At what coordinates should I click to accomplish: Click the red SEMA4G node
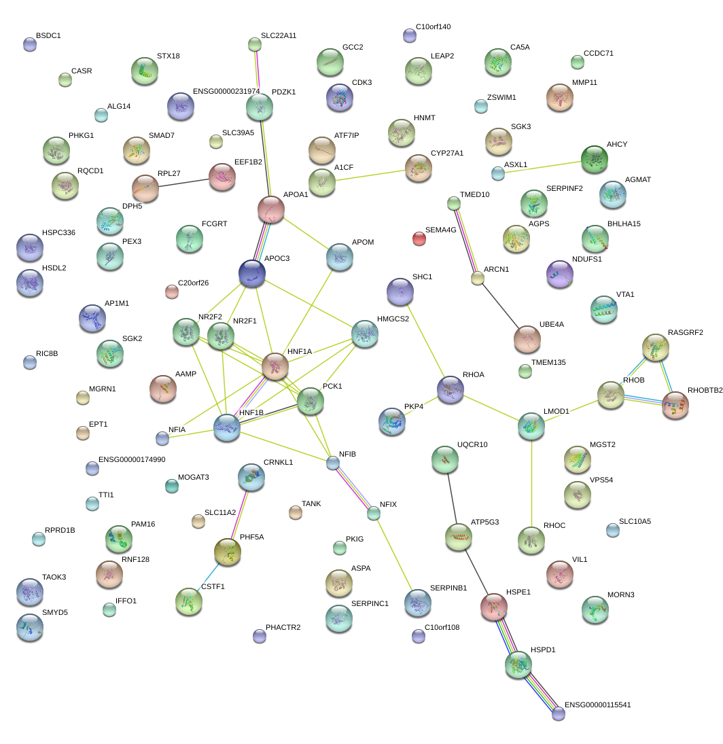click(419, 238)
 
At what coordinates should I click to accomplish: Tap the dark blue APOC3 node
click(252, 272)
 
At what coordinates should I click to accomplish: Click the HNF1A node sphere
click(275, 366)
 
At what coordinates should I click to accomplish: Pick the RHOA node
click(450, 389)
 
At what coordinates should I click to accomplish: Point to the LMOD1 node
click(531, 425)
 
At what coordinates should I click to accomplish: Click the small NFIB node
click(332, 463)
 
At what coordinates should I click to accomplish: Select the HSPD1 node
click(518, 664)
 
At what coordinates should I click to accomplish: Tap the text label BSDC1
click(48, 35)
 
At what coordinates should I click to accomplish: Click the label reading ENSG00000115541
click(598, 705)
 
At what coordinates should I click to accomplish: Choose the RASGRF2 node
click(656, 347)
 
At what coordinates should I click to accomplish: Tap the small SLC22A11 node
click(255, 45)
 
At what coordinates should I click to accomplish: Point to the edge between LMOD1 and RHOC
click(531, 482)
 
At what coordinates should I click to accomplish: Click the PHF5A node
click(228, 552)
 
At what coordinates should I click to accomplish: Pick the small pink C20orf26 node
click(172, 292)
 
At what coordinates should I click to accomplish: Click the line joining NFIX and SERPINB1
click(395, 556)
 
